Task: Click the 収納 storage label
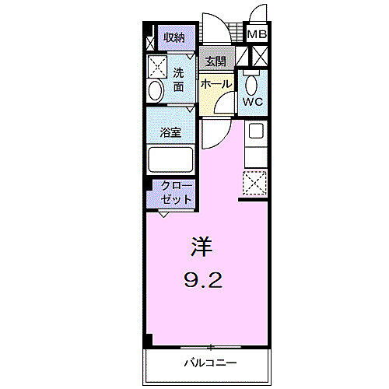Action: pos(174,37)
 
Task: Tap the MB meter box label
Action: pos(257,34)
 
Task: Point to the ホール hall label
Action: pos(216,83)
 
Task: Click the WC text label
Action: pos(253,102)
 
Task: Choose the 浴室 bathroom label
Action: pos(171,132)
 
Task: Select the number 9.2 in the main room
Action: pos(205,279)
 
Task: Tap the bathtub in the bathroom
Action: pos(171,161)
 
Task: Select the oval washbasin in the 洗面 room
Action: pos(156,90)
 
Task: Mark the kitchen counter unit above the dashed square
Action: pos(255,145)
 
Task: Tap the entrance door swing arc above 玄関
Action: pos(218,31)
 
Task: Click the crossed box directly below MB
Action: pos(258,55)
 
